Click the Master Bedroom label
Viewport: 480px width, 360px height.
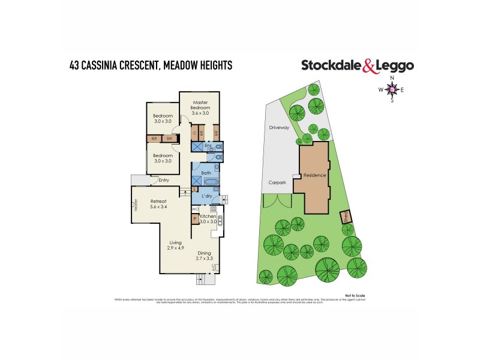point(197,104)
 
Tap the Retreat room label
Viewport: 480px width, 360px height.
point(158,201)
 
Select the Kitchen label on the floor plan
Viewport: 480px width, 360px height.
point(208,215)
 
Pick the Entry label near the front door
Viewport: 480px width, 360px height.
point(163,180)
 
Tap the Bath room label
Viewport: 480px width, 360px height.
point(206,173)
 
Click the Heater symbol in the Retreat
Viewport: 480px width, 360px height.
point(136,205)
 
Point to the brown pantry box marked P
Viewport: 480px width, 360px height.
point(195,218)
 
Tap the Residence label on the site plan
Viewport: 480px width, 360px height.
point(314,175)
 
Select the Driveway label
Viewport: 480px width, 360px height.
point(279,128)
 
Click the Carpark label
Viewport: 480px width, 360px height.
point(277,182)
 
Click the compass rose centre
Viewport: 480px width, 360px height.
point(392,90)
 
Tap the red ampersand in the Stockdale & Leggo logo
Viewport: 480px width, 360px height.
point(371,66)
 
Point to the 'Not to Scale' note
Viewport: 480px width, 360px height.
point(355,295)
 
